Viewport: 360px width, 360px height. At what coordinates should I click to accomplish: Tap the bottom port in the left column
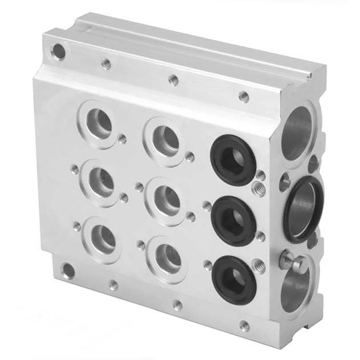coord(103,238)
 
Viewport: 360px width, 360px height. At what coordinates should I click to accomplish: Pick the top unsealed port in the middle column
coord(165,138)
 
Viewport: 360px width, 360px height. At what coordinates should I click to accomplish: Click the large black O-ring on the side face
coord(303,208)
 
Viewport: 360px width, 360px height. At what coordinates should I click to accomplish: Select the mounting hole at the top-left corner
coord(59,51)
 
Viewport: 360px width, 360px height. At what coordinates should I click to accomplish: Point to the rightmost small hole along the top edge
coord(244,97)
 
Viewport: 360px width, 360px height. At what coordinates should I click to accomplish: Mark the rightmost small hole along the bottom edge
coord(244,325)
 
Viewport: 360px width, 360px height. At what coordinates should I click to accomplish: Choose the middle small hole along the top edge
coord(174,80)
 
